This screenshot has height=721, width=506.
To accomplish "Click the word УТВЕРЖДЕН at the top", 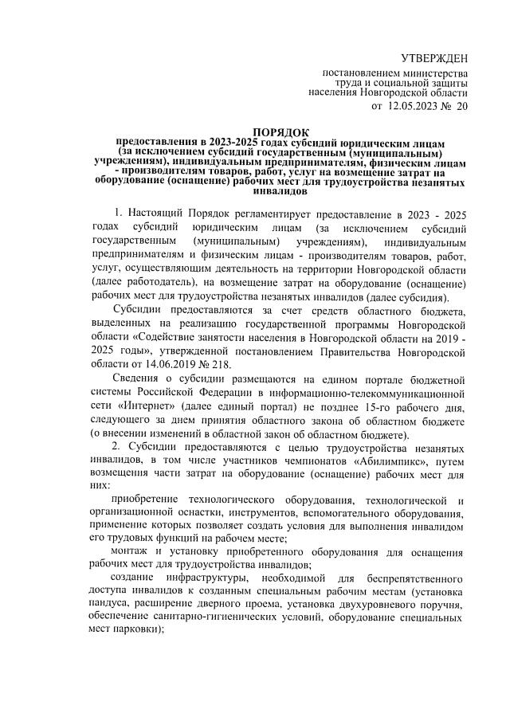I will (x=433, y=57).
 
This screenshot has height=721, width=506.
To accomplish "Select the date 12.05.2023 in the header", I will (x=414, y=105).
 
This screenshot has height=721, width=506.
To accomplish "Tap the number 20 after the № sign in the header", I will (x=461, y=105).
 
